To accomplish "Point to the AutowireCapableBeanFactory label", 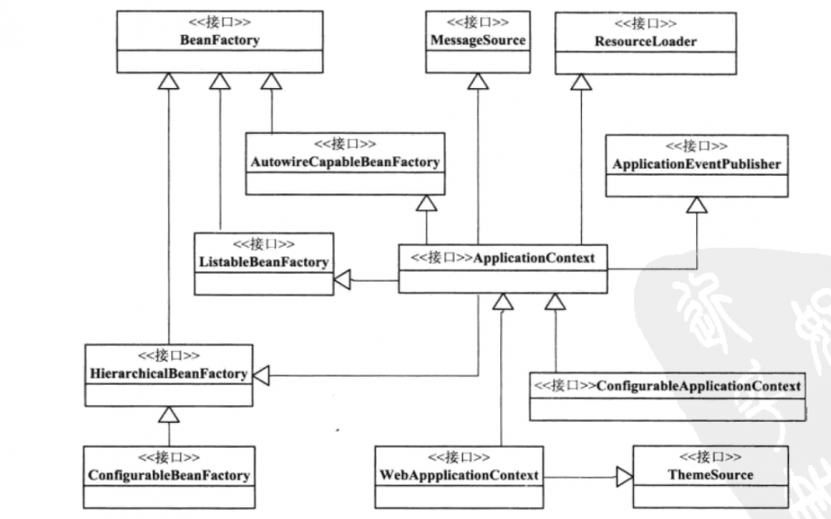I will point(344,162).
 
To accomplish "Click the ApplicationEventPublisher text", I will point(696,164).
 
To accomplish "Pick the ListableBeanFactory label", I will point(263,262).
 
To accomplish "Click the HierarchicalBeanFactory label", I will point(169,374).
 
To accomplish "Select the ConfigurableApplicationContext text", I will point(698,386).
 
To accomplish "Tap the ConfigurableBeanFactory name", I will point(169,475).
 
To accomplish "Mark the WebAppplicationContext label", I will point(458,475).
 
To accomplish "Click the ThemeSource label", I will point(711,474).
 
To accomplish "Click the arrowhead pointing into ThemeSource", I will point(623,476).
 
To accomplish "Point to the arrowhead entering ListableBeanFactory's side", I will point(342,282).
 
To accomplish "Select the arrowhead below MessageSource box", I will point(477,81).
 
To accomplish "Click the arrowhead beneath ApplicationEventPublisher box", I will point(696,204).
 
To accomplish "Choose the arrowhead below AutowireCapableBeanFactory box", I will point(426,203).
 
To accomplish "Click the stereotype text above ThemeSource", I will point(711,457).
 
